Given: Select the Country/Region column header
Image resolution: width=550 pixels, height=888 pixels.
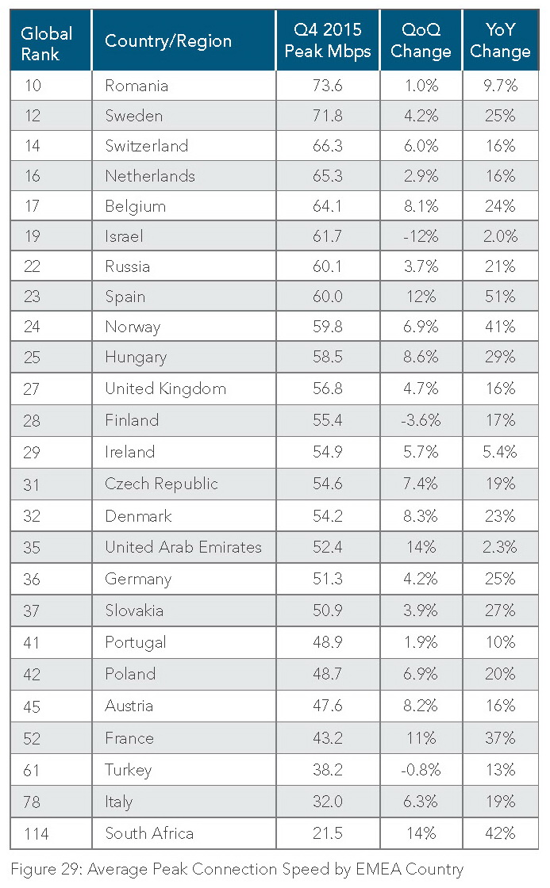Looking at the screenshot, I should pos(168,42).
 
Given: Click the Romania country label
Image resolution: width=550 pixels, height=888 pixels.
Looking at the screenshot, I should pos(137,86).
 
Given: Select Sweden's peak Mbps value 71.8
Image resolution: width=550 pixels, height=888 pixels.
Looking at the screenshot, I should pos(328,116).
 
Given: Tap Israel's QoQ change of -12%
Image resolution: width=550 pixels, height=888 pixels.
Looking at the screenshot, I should pos(421,236).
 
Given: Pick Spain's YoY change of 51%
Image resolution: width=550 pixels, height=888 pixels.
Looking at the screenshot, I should pos(500,297).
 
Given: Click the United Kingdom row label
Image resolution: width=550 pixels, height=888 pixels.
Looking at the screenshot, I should pos(165,388).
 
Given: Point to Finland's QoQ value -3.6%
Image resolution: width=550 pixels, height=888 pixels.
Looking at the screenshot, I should pos(421,420).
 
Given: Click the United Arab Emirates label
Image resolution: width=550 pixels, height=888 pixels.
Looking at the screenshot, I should pos(183,547).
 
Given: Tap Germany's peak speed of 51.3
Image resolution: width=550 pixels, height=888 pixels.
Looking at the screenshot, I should pos(328,579).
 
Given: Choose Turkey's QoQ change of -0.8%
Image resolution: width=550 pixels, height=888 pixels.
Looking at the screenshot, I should pos(421,769).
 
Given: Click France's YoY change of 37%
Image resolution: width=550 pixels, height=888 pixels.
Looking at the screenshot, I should pos(500,737).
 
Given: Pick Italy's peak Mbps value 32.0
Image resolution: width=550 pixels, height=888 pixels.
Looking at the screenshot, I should pos(328,801).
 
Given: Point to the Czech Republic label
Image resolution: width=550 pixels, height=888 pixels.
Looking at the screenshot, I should pos(161,484).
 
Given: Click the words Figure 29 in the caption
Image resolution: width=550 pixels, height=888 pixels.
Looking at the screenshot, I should pos(40,869).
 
